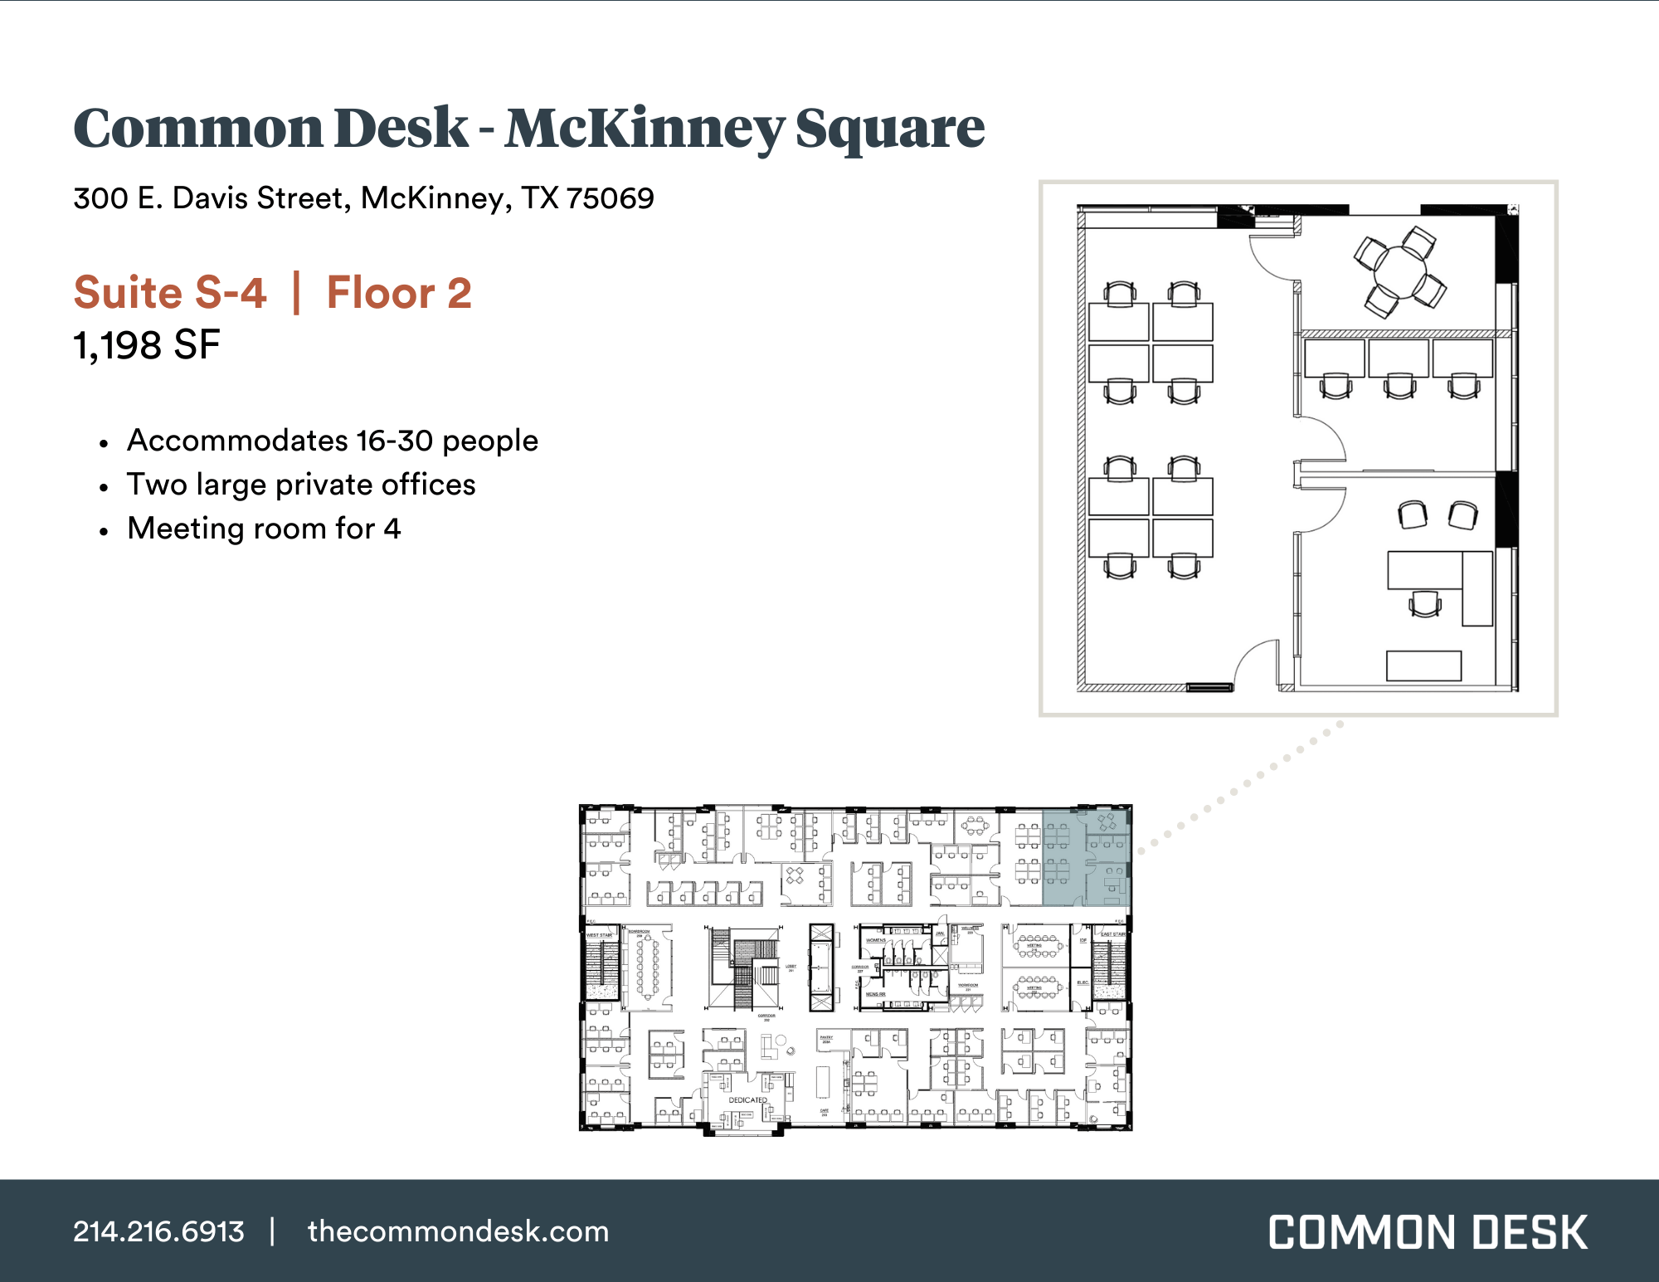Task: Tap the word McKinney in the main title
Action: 644,129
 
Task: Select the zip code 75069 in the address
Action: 610,198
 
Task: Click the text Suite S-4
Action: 170,293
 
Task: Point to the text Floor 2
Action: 399,293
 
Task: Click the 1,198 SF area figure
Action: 147,345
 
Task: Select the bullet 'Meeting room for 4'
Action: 264,529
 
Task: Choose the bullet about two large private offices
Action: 301,485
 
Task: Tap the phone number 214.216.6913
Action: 158,1231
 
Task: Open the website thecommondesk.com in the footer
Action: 458,1231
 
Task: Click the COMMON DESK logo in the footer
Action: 1428,1232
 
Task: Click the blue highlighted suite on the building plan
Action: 1085,857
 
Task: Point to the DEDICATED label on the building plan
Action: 747,1100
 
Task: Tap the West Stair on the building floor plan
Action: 602,967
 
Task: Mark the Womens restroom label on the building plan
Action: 876,940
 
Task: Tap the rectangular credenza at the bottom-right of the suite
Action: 1423,665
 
